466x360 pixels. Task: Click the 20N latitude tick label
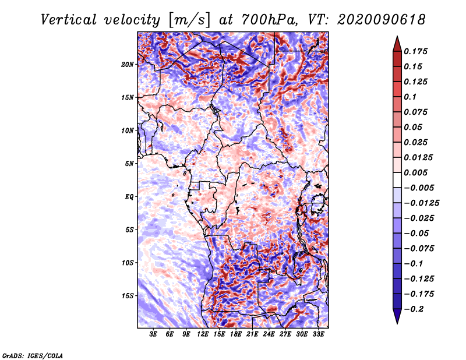coord(128,65)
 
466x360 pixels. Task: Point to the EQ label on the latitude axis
coord(129,197)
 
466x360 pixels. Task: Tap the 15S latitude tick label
coord(128,296)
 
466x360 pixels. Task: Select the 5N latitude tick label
coord(129,164)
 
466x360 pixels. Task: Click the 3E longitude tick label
coord(153,334)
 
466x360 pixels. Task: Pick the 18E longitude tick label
coord(236,334)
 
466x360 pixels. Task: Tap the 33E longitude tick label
coord(318,334)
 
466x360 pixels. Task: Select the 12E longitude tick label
coord(203,334)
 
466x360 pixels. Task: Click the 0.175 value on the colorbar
coord(415,51)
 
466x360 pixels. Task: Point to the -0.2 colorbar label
coord(414,309)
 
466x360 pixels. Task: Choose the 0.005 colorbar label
coord(415,172)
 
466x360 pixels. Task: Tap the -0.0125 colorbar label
coord(421,203)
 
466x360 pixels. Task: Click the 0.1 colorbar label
coord(410,97)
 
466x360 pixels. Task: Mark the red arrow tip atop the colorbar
coord(397,37)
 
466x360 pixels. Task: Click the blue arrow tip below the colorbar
coord(397,323)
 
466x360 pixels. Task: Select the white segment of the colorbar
coord(397,180)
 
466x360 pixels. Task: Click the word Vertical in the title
coord(69,20)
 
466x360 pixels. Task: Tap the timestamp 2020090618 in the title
coord(382,20)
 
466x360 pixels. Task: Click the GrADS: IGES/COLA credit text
coord(33,355)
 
